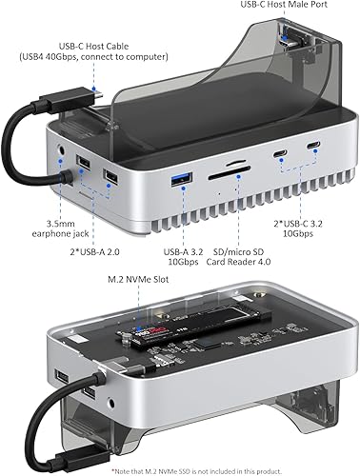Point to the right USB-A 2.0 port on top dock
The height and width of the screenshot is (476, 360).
click(110, 177)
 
